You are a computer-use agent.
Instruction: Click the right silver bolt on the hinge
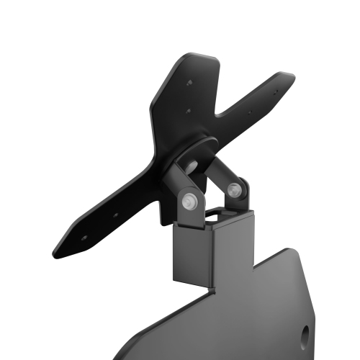[x=233, y=190]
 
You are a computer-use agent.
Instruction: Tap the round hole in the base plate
[x=305, y=333]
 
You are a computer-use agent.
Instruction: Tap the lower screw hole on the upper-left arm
[x=189, y=112]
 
